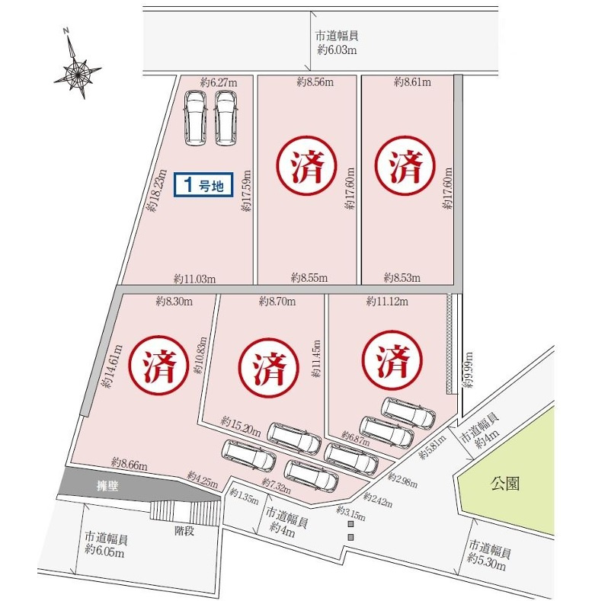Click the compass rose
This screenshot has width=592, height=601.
click(x=78, y=69)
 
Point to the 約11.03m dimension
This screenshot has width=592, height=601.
click(x=194, y=279)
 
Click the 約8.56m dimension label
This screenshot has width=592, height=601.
click(x=315, y=82)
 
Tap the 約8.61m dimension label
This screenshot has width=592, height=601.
click(x=413, y=82)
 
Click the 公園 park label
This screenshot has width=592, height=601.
click(x=504, y=483)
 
